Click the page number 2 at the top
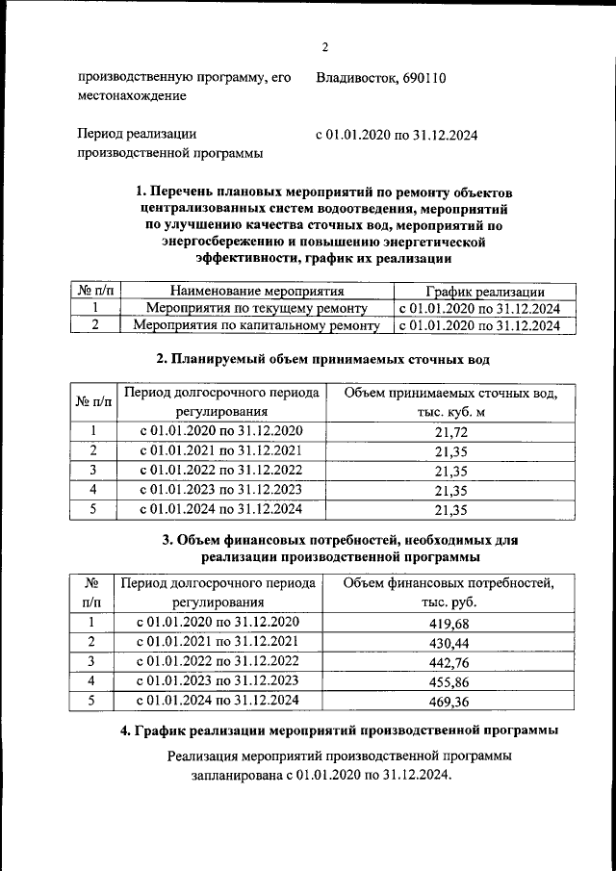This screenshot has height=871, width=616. point(324,48)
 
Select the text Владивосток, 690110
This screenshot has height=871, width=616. point(380,77)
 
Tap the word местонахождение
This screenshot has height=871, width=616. point(132,96)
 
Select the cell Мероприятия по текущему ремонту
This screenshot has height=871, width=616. point(257,309)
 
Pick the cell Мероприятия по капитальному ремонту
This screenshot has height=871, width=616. point(257,326)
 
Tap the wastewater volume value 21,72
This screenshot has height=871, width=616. point(450,431)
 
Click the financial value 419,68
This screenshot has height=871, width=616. point(450,622)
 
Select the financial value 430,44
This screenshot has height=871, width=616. point(450,642)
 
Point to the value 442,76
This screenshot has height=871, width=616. point(450,661)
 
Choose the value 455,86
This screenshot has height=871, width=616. point(450,681)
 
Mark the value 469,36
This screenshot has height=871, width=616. point(450,702)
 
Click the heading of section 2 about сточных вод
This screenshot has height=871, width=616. point(323,360)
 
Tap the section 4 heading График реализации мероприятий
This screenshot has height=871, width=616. point(340,731)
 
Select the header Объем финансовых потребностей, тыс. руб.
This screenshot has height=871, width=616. point(449,593)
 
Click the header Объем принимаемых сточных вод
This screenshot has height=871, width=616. point(450,393)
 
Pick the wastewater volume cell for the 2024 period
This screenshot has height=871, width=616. point(450,510)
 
